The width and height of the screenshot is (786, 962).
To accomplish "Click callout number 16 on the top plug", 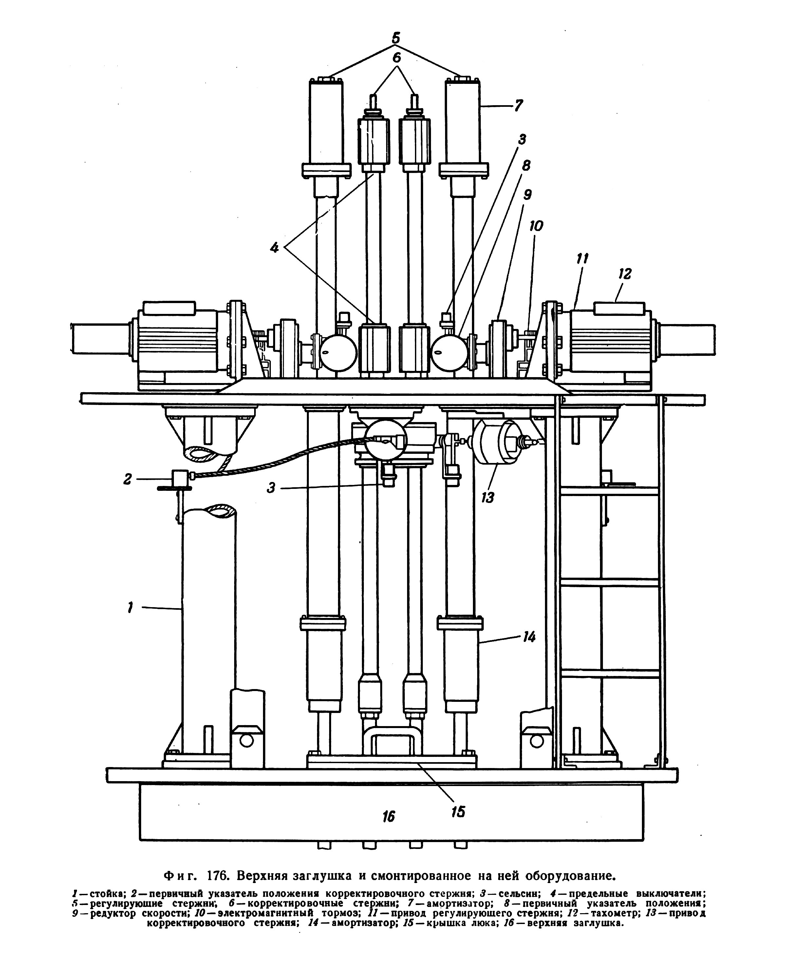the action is [388, 816].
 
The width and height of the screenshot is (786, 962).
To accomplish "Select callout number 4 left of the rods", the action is [274, 247].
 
